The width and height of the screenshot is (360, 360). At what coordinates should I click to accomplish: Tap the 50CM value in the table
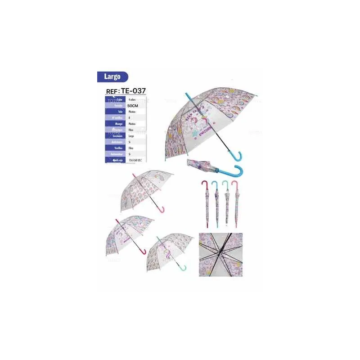(x=134, y=105)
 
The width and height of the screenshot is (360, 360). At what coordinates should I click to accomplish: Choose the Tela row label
(x=120, y=111)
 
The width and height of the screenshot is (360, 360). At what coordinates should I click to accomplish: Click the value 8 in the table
(x=129, y=117)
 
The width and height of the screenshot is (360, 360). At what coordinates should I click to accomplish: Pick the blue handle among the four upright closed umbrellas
(x=214, y=185)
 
